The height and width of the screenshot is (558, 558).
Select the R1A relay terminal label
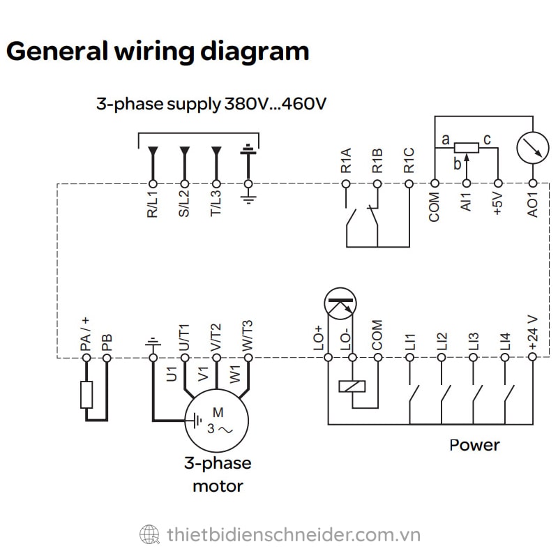tap(346, 160)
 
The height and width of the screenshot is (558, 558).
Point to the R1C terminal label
tap(409, 160)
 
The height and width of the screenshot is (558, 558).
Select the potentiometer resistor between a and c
tap(466, 147)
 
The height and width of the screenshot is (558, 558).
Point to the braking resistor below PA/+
tap(86, 395)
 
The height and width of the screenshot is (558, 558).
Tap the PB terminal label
tap(107, 342)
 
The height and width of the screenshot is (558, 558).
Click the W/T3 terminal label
tap(248, 336)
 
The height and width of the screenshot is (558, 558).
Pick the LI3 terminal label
tap(474, 341)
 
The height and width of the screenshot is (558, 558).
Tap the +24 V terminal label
tap(534, 334)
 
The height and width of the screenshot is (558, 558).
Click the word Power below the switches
tap(474, 445)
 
